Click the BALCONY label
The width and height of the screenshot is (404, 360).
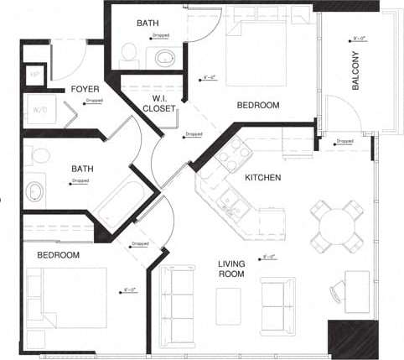[356, 74]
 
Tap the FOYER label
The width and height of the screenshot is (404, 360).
[85, 89]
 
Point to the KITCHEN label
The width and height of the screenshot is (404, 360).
[262, 178]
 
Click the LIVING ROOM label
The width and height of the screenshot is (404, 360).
[231, 269]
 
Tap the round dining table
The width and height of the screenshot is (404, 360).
[339, 226]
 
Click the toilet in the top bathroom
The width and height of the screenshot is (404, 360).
[128, 54]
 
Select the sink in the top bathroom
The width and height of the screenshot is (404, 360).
[163, 57]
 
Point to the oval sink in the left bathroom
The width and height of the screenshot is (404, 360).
[35, 191]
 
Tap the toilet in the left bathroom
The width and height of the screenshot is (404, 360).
[37, 156]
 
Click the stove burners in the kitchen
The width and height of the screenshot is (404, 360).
[229, 150]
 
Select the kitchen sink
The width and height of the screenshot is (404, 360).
[229, 200]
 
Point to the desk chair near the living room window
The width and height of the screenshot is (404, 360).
[337, 290]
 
